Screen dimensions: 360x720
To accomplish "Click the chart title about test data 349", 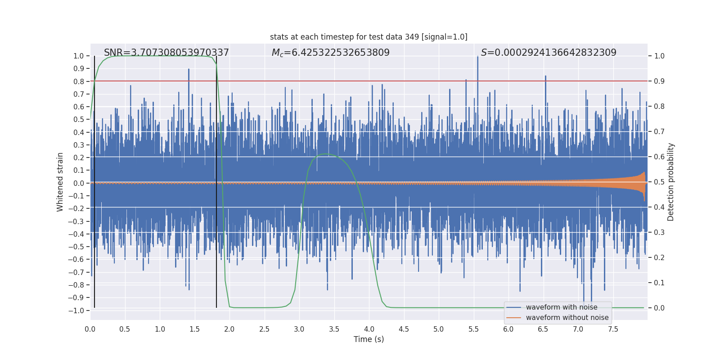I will tap(369, 37).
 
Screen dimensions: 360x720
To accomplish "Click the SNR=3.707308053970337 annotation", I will tap(166, 53).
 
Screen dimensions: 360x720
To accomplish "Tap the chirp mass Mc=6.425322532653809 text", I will tap(331, 53).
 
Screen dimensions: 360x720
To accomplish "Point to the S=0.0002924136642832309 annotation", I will tap(549, 53).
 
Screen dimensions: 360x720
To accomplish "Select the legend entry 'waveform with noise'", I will tap(562, 307).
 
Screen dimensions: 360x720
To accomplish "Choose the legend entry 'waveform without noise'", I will tap(567, 318).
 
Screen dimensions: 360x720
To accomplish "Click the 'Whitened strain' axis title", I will tap(60, 182).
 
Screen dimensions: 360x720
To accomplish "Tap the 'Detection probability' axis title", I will tap(671, 182).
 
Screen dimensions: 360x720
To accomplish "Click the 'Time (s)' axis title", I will tap(369, 339).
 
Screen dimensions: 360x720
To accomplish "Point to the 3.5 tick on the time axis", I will tap(334, 329).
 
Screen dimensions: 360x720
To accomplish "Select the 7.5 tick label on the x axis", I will tap(613, 329).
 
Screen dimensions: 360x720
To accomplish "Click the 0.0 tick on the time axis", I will tap(90, 329).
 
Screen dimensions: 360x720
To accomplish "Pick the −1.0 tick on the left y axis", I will tap(76, 310).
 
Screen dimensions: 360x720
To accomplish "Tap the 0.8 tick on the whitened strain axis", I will tap(78, 81).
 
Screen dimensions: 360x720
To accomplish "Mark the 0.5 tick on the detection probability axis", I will tap(659, 182).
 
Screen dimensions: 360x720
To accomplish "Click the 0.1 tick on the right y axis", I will tap(659, 283).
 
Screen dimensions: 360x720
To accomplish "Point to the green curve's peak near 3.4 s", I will tap(326, 154).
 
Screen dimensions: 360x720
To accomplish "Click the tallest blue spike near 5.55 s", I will tap(477, 58).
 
